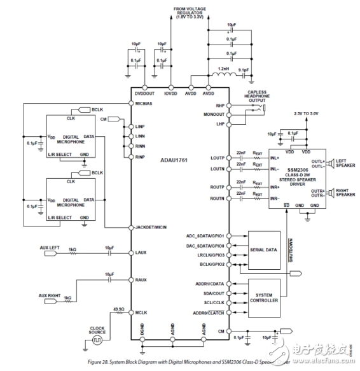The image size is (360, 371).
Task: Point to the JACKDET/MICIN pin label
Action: [x=152, y=227]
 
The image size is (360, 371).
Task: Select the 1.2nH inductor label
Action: [x=223, y=68]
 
